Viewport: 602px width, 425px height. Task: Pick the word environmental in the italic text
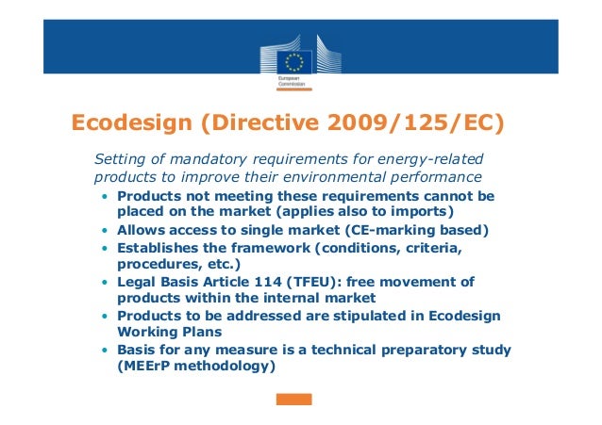341,176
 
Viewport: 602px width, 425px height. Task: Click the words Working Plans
165,333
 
